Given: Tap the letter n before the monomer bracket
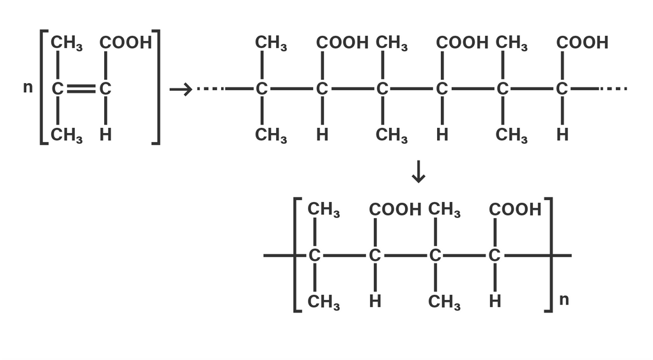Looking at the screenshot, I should click(27, 88).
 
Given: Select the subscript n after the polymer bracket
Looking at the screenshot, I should click(564, 299).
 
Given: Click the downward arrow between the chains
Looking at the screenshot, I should click(418, 172).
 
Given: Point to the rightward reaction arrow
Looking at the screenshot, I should click(180, 90).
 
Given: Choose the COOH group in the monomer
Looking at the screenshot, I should click(126, 43).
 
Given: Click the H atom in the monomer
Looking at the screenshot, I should click(105, 135).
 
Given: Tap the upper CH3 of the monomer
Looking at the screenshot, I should click(66, 43).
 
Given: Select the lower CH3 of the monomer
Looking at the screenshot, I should click(66, 136).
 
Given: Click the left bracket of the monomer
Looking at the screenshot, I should click(43, 88).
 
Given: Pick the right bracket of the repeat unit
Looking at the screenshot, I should click(549, 254).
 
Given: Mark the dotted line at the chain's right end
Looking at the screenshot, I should click(613, 89).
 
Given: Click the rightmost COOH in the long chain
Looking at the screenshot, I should click(582, 43).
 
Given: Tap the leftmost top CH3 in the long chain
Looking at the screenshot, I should click(271, 43).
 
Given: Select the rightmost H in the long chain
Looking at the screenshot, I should click(562, 135).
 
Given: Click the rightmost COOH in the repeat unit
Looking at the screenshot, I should click(515, 210).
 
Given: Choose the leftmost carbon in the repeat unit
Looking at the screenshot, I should click(314, 256).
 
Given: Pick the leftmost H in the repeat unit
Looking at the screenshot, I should click(375, 301).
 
